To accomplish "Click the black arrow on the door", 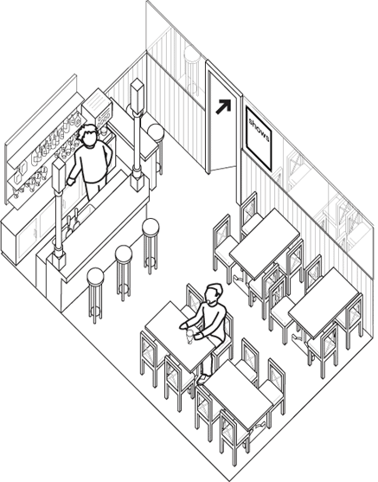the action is tap(223, 106).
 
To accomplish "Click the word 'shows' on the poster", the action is tap(259, 131).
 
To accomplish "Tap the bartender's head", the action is tap(88, 135).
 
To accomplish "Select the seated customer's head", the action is tap(215, 293).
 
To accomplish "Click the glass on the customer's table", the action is tap(189, 336).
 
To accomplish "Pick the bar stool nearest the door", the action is tap(156, 148).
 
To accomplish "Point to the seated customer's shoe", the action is tap(202, 379).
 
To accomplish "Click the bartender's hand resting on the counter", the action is tap(71, 182).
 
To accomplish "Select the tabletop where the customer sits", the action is tap(180, 337).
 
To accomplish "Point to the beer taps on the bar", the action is tap(72, 222).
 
